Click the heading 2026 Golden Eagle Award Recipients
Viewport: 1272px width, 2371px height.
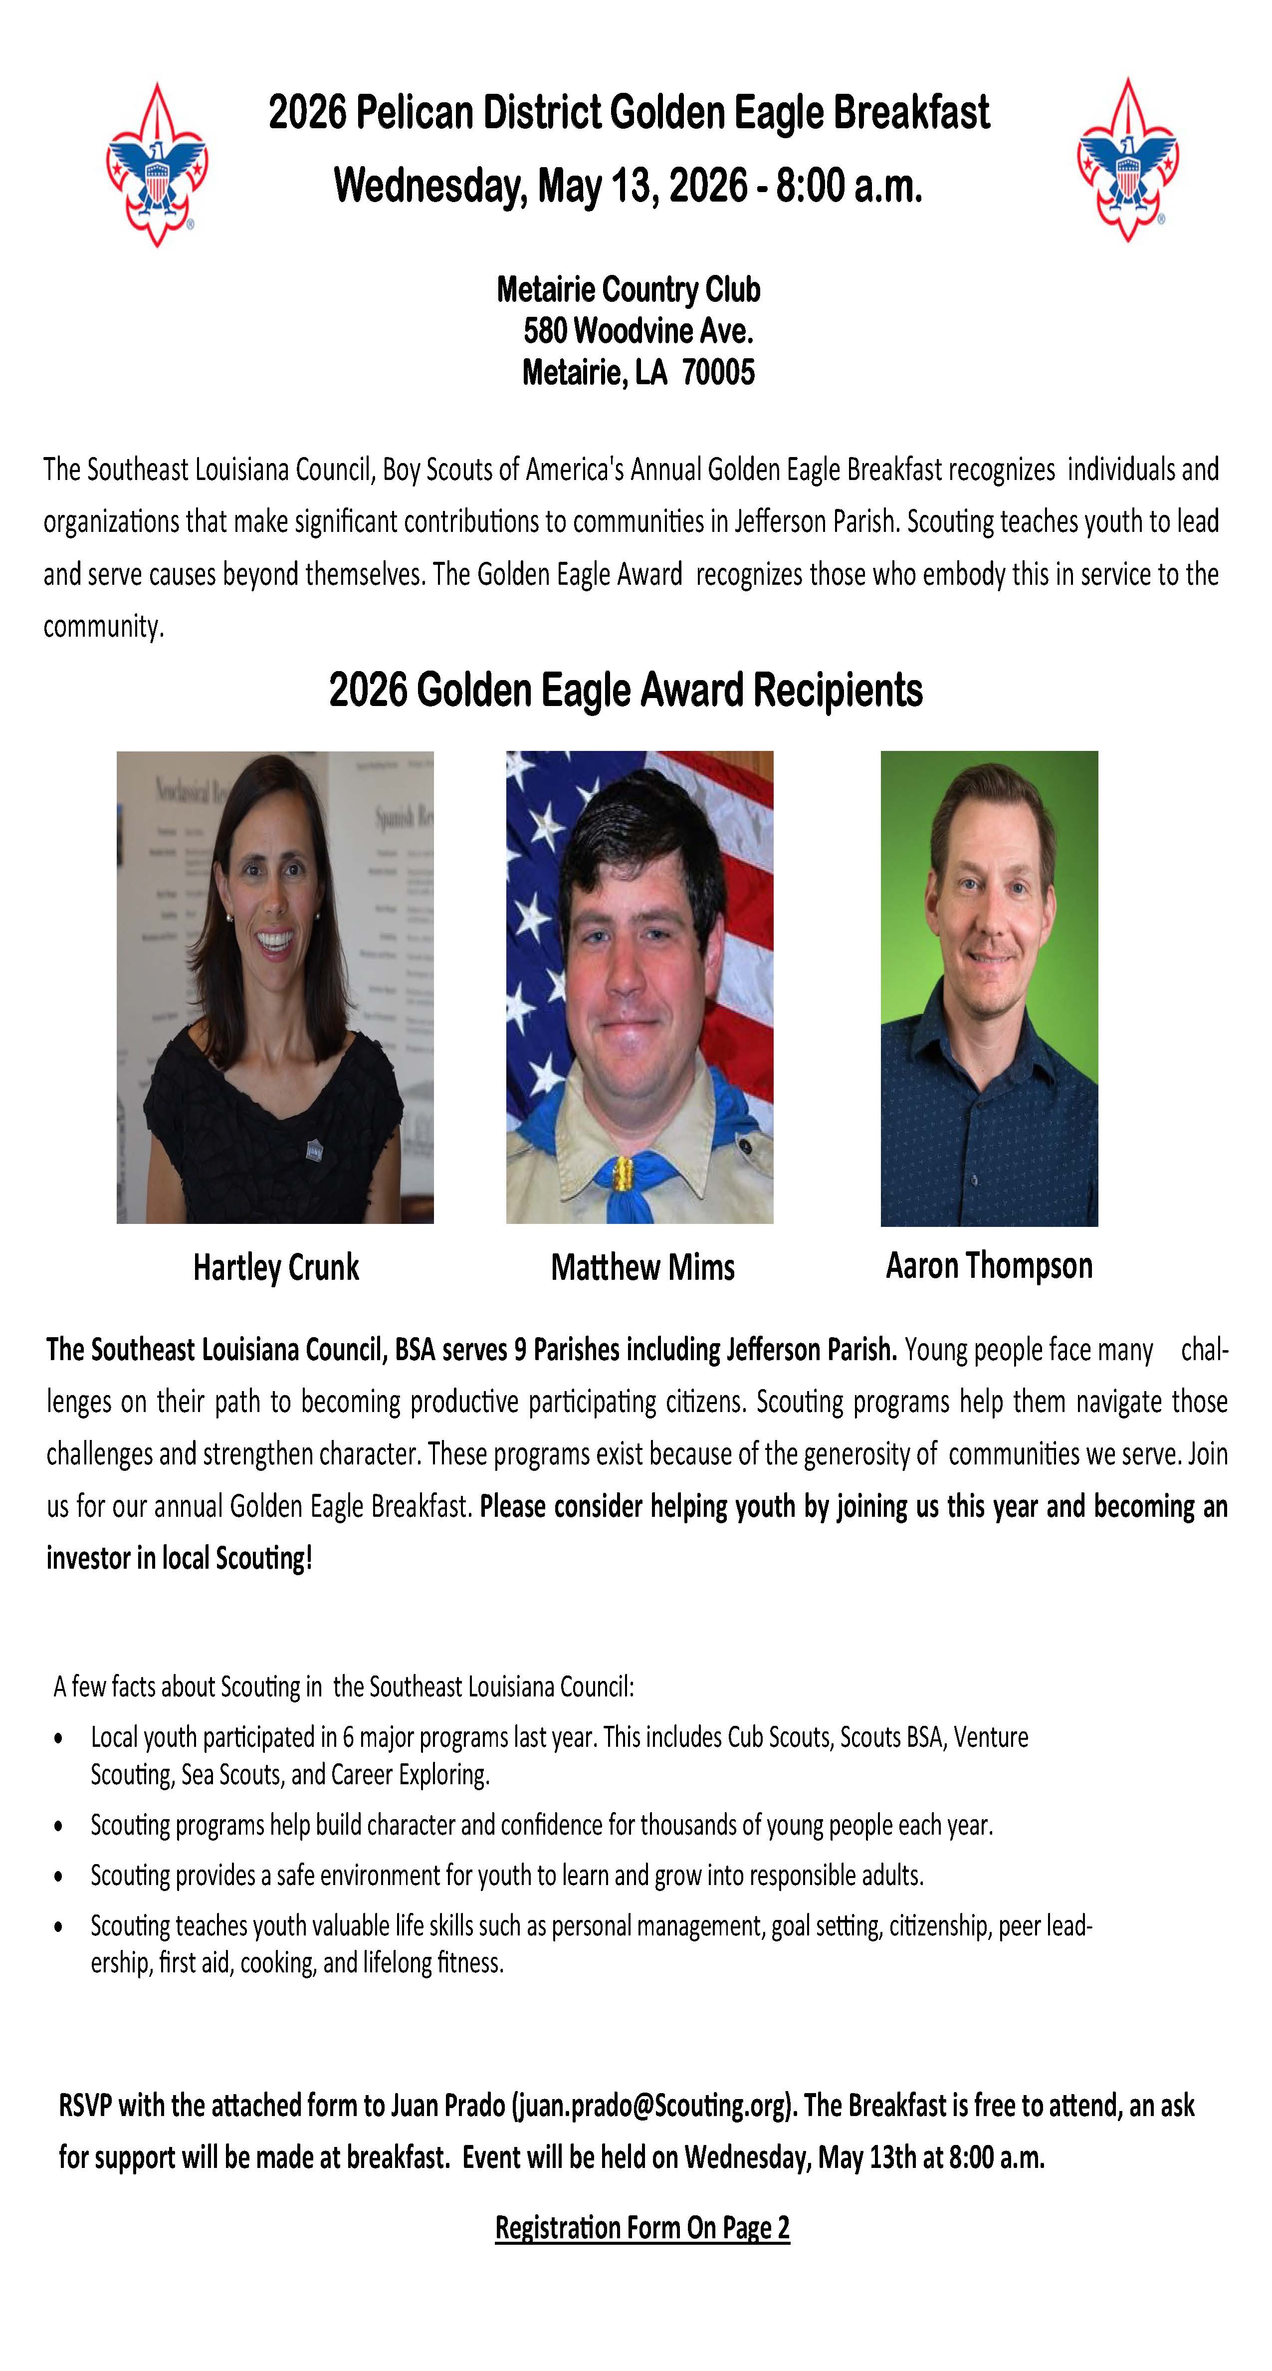pyautogui.click(x=626, y=691)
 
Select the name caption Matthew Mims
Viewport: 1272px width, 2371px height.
pyautogui.click(x=642, y=1267)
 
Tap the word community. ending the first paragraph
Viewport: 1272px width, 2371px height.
pyautogui.click(x=103, y=627)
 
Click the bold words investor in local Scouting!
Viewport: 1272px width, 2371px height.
pyautogui.click(x=180, y=1558)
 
